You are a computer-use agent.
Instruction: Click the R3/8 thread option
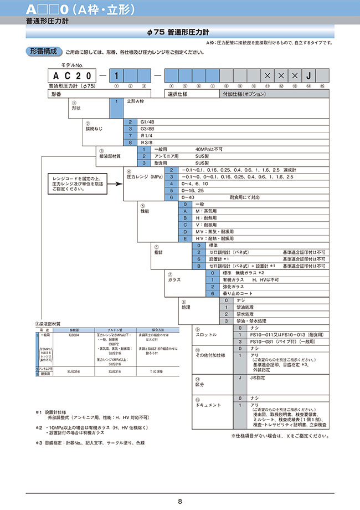point(146,142)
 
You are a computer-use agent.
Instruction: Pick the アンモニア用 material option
point(167,156)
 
